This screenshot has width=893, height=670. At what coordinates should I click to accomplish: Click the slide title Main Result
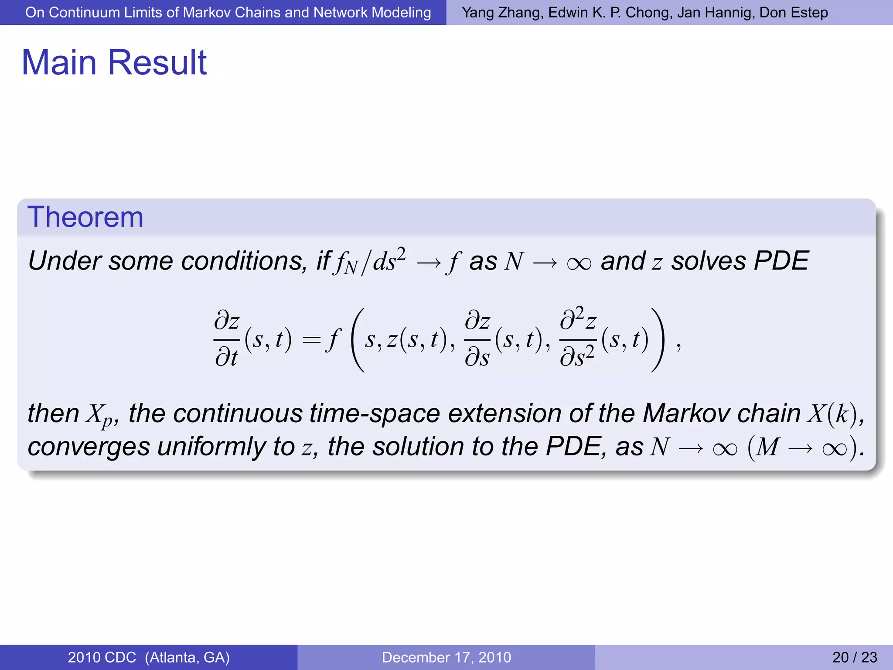pos(114,62)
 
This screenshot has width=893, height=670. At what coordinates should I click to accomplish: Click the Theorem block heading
pos(85,217)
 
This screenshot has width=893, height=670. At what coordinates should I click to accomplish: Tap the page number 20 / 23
pos(854,657)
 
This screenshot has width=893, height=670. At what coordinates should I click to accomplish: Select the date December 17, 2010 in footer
pos(446,657)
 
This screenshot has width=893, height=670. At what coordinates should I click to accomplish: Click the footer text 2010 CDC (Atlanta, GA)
pos(149,657)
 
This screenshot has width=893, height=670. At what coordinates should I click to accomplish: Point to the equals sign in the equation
pos(311,340)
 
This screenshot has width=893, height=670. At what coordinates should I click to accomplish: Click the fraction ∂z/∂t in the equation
pos(227,340)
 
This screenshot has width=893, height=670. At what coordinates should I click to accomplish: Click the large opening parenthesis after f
pos(358,340)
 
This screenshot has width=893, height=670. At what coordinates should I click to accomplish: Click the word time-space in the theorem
pos(375,413)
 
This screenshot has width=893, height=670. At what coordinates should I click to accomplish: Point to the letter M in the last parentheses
pos(767,447)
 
